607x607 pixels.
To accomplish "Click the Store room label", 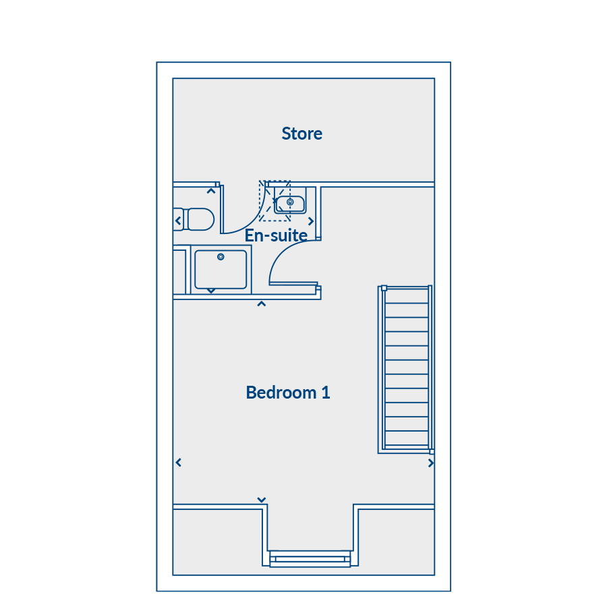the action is [301, 134].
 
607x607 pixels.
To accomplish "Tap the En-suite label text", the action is [276, 235].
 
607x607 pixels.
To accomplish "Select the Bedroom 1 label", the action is [288, 393].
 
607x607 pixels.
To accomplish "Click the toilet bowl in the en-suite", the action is [198, 219].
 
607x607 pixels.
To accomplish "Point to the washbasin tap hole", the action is [290, 202].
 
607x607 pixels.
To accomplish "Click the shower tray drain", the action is [221, 257].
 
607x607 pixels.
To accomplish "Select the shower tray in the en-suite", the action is [221, 269].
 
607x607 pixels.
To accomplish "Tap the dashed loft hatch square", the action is [275, 200].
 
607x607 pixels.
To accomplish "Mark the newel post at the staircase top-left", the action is [384, 288].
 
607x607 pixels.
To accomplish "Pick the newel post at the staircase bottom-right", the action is [432, 451].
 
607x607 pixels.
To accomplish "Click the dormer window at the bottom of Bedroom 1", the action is [310, 558].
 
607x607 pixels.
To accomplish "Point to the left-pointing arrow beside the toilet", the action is [178, 221].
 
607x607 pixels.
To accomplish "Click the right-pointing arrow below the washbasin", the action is [310, 221].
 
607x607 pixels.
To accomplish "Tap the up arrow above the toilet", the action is [211, 191].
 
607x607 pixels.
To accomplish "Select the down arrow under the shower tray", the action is [211, 291].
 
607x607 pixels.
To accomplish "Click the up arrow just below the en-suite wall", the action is [262, 304].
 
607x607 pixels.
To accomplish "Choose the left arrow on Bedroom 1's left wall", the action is [179, 462].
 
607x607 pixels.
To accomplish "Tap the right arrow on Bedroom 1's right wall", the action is [430, 463].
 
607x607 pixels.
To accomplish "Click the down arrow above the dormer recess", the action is [262, 500].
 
